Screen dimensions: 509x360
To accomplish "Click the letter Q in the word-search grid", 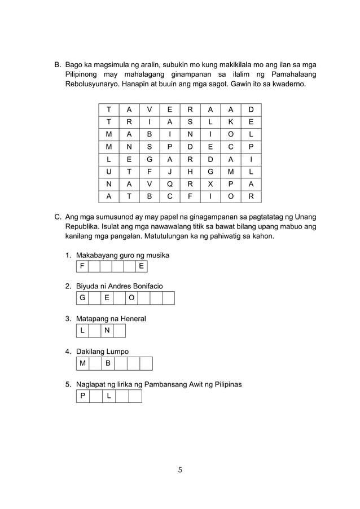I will point(170,182).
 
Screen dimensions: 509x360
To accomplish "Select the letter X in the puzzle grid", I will point(210,182).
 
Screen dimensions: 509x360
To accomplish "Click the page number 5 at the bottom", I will point(180,469).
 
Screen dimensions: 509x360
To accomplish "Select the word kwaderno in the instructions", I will point(288,84).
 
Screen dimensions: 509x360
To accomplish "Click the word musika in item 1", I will point(156,255).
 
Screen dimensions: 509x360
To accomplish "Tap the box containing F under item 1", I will point(82,266).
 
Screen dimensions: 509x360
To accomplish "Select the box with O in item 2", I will point(131,298).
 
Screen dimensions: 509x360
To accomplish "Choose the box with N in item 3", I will point(107,331).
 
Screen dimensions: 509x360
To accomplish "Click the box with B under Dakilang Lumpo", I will point(107,363).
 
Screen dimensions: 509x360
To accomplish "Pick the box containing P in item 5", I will point(82,396).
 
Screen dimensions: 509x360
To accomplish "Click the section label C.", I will point(57,217).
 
